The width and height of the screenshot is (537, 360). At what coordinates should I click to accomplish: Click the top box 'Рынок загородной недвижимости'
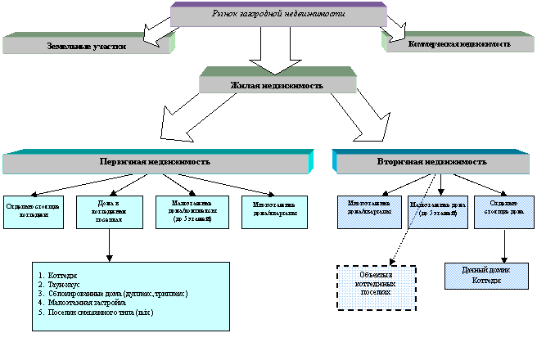coord(278,15)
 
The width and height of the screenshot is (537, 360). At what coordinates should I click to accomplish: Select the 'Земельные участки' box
coord(87,46)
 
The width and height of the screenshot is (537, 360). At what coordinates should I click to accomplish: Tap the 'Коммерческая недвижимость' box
coord(459,43)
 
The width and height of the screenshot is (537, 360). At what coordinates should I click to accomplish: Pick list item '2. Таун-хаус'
coord(70,283)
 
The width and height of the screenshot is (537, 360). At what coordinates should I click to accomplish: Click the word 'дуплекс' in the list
coord(142,293)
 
